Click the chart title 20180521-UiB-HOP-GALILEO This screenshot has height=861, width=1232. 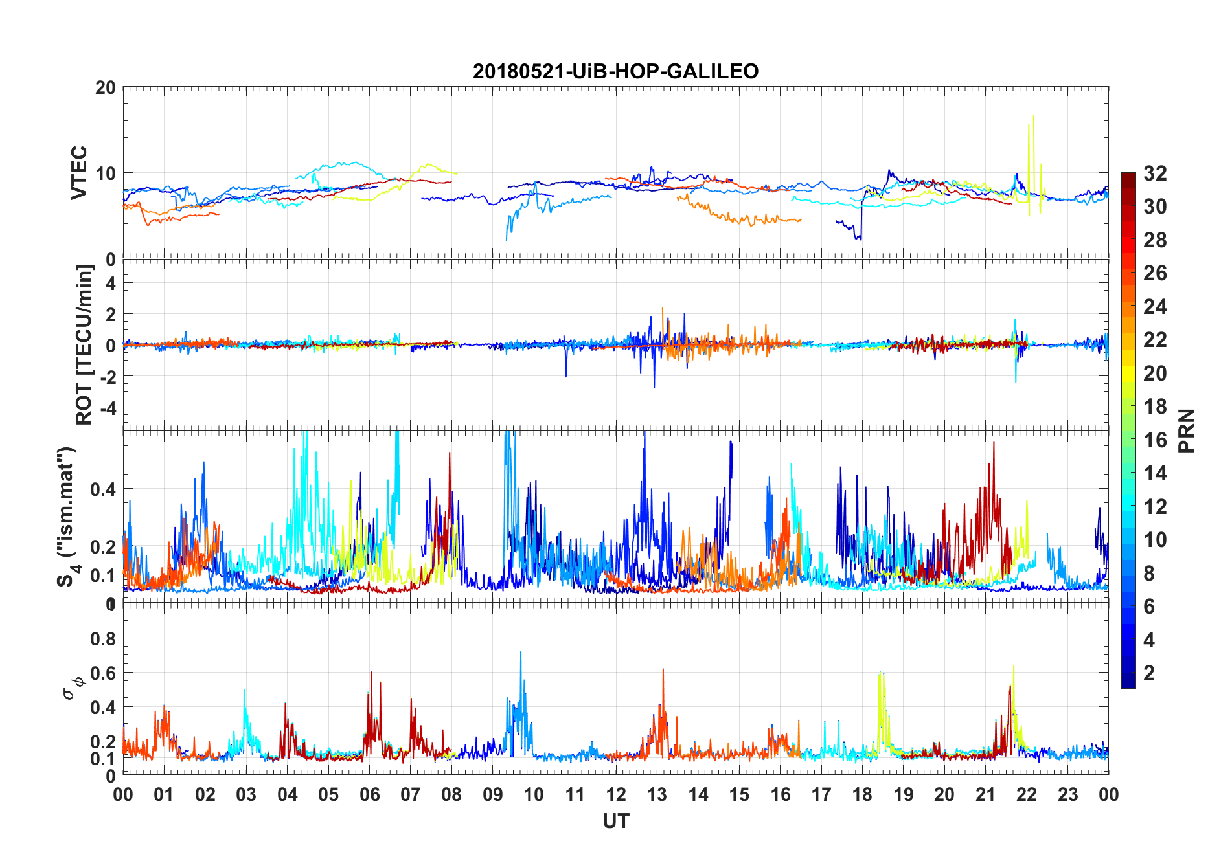615,71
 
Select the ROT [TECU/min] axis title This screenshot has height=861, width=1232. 84,344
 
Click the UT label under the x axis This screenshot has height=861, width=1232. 615,821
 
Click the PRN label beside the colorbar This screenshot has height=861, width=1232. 1187,430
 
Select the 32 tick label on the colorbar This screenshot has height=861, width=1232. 1155,173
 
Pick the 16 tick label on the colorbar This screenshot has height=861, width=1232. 1155,440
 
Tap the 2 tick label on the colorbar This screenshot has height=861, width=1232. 1149,673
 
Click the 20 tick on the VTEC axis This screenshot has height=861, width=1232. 106,87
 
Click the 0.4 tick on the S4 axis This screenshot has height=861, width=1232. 103,489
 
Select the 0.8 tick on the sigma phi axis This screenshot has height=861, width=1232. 103,639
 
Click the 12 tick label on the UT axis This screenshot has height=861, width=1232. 616,795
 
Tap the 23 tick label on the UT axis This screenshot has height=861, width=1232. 1067,795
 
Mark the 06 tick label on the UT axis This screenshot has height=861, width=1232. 369,795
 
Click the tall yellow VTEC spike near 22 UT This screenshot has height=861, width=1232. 1033,117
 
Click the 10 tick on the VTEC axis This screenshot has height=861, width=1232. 106,173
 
